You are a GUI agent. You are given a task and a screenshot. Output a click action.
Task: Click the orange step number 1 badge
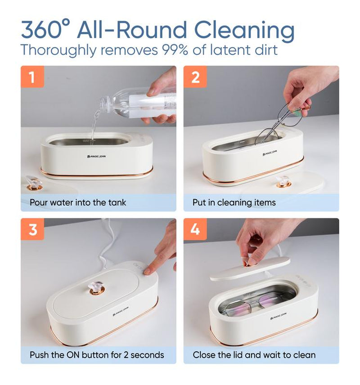click(x=32, y=76)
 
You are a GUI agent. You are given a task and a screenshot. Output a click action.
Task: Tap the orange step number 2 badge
click(x=195, y=76)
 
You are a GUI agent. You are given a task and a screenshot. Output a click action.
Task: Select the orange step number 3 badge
click(x=32, y=229)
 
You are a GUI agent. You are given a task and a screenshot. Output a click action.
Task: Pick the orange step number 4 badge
click(x=195, y=229)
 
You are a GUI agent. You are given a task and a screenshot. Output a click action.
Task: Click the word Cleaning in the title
click(x=244, y=30)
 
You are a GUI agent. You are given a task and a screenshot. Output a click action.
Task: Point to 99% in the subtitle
click(x=175, y=49)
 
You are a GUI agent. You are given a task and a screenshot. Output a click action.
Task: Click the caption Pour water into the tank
click(x=78, y=202)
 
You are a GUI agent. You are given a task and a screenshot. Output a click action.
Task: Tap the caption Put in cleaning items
click(x=234, y=202)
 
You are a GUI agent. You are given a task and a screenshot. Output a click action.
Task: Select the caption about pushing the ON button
click(x=97, y=355)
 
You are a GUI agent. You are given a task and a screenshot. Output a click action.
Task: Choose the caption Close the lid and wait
click(x=254, y=355)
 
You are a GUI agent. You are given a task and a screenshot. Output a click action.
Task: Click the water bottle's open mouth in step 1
click(x=103, y=103)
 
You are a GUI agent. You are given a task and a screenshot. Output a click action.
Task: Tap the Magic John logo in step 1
click(x=97, y=157)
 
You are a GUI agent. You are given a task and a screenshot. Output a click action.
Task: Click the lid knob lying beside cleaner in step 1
click(x=34, y=183)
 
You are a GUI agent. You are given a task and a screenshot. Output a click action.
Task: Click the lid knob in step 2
click(x=283, y=181)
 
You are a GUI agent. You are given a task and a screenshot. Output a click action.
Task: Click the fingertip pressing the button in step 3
click(x=147, y=271)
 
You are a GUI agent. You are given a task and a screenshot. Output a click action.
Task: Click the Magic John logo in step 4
click(x=279, y=316)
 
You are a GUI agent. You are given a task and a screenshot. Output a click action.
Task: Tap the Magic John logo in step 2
click(x=270, y=153)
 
